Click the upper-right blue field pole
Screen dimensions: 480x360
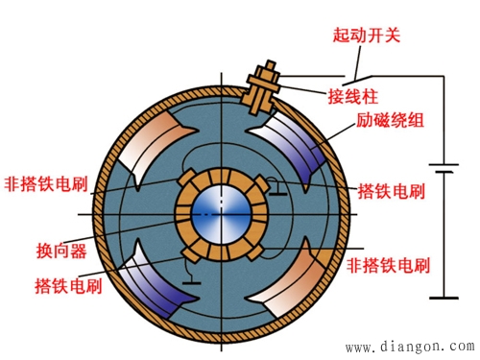(307, 144)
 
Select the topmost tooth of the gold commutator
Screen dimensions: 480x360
(222, 172)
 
